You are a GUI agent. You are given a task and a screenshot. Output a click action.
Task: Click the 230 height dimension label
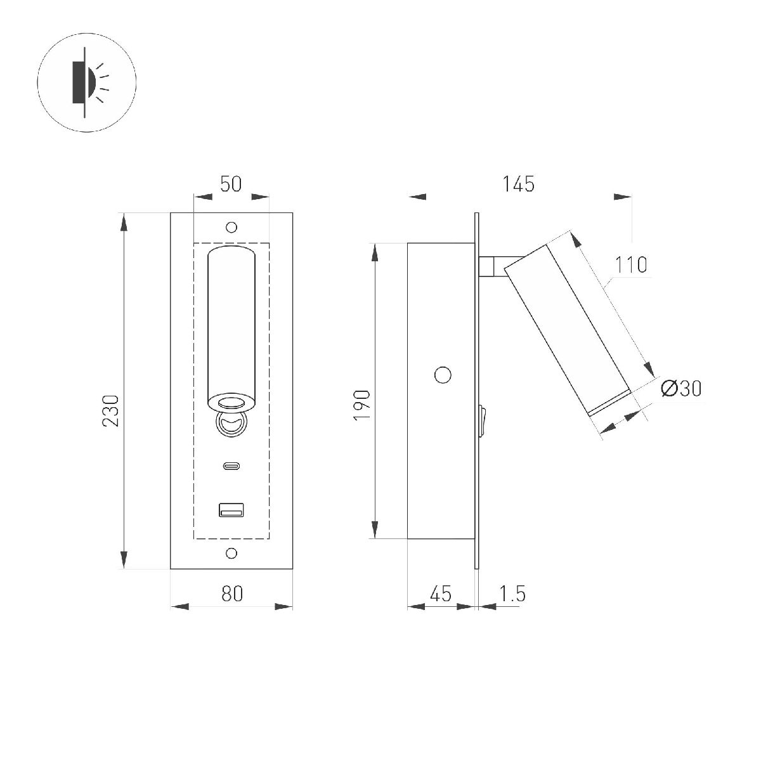pos(111,410)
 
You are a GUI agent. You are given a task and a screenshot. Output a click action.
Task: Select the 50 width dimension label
pos(231,184)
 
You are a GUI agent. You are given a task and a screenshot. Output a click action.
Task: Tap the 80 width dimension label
pos(232,594)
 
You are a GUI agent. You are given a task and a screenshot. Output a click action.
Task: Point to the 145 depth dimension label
pos(518,184)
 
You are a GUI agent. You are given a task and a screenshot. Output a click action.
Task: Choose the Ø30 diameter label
pos(681,388)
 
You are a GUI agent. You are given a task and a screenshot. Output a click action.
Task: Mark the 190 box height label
pos(361,405)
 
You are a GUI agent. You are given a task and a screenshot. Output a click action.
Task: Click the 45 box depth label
pos(440,594)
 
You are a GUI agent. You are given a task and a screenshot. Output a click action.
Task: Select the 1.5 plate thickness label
pos(512,594)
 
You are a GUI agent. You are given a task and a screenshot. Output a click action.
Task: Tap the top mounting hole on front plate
pos(231,228)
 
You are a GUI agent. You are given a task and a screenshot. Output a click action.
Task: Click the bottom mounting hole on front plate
pos(231,554)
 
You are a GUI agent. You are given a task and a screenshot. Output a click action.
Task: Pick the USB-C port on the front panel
pos(231,467)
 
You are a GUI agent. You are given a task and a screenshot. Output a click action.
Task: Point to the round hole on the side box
pos(443,375)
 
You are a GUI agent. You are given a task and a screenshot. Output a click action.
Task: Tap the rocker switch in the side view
pos(483,422)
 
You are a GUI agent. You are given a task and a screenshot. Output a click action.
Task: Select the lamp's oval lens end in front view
pos(231,402)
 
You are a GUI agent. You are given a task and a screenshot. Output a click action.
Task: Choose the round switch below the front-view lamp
pos(231,424)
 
